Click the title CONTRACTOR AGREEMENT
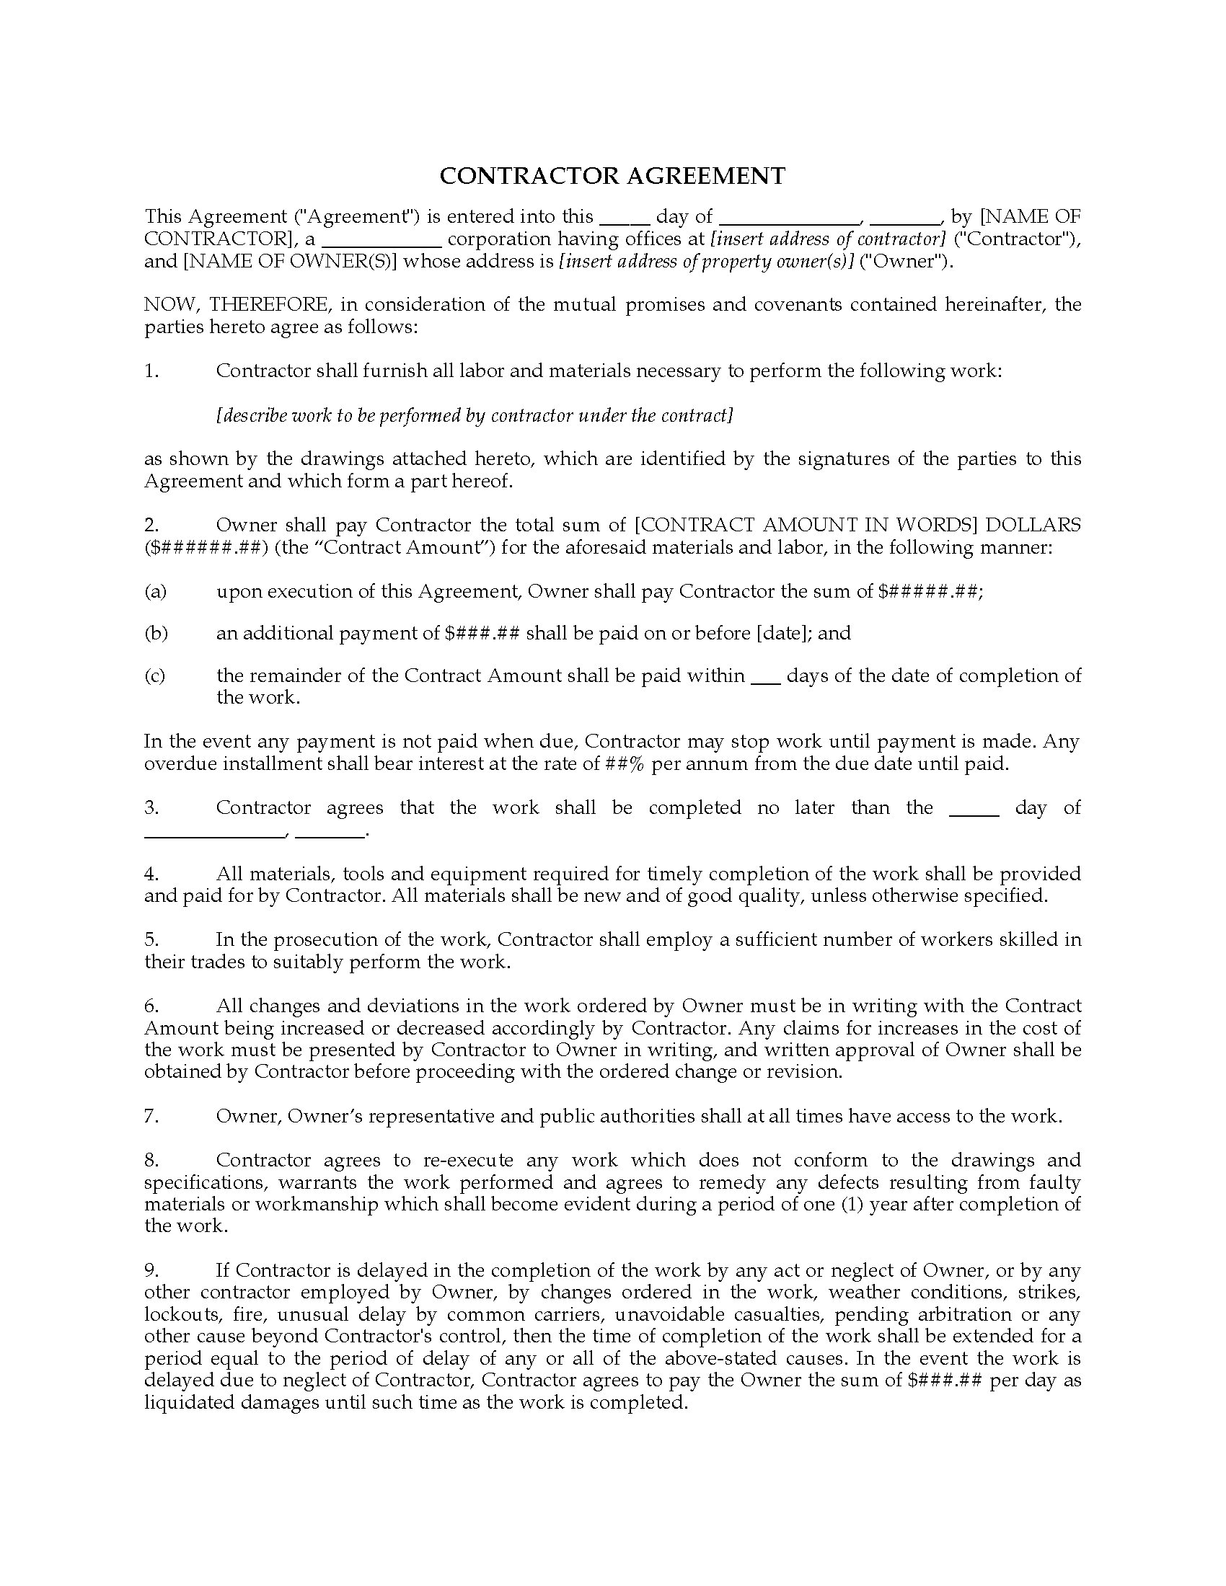point(612,176)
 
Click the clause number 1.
point(151,371)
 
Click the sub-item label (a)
point(156,591)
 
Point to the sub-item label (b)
point(156,633)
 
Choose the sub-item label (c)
point(155,675)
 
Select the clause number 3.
point(151,807)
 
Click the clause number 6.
point(151,1006)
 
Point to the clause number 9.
point(151,1270)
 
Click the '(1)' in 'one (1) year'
point(851,1204)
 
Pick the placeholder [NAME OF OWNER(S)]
point(289,262)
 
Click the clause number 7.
point(151,1116)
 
